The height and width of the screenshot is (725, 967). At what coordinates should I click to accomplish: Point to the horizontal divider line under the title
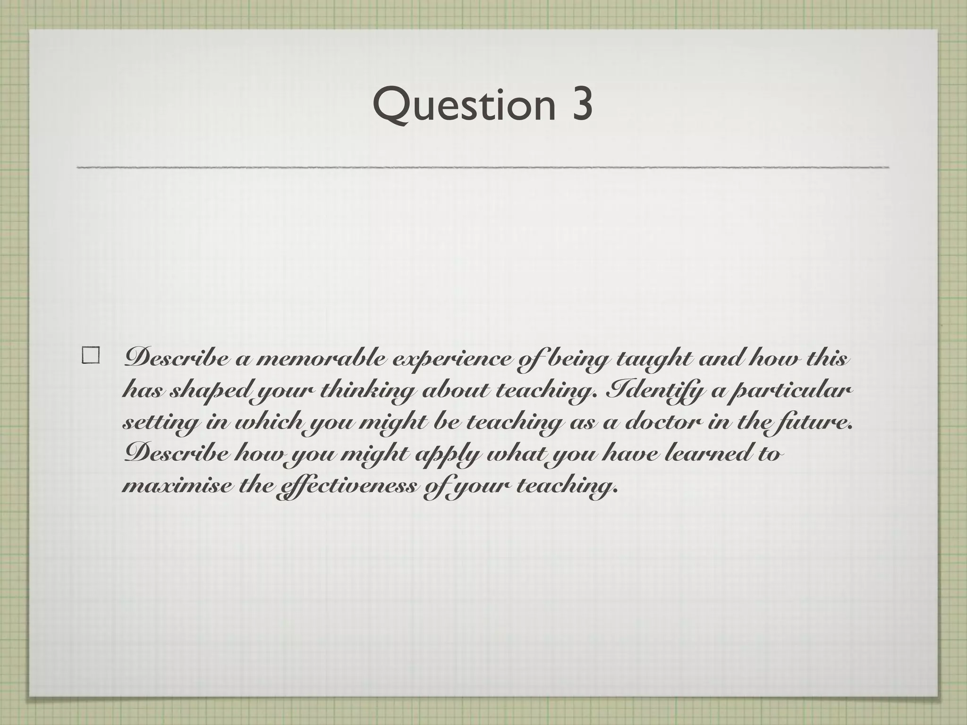(482, 167)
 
